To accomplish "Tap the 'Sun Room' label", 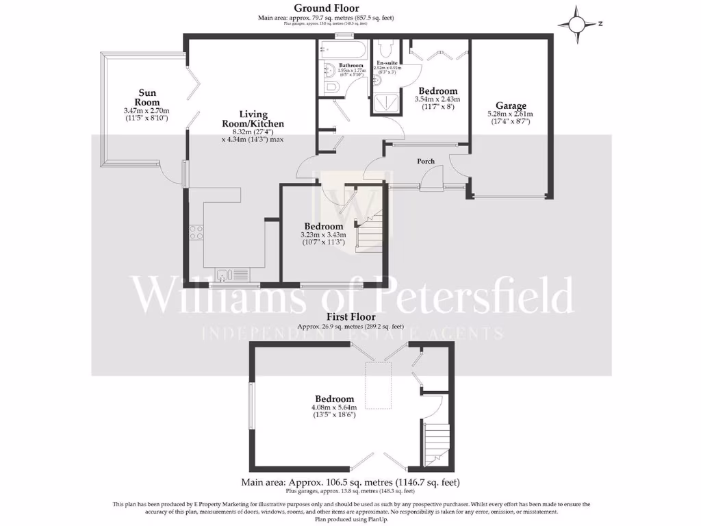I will (147, 97).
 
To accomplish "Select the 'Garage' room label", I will (511, 105).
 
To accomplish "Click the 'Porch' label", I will (426, 162).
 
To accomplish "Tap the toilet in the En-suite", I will (385, 48).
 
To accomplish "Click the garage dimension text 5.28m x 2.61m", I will (510, 114).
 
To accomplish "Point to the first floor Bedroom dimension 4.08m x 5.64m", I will (334, 408).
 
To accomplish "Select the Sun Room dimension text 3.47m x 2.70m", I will (146, 111).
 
